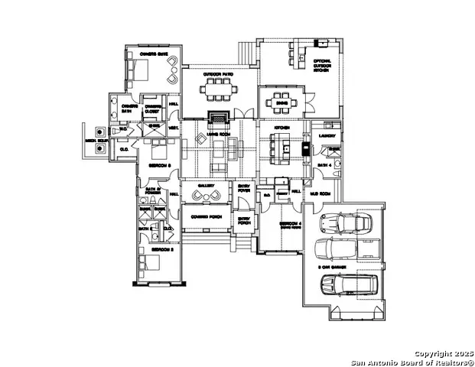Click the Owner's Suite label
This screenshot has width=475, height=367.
point(147,54)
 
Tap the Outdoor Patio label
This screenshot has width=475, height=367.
point(219,74)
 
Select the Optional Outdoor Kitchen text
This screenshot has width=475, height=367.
point(322,66)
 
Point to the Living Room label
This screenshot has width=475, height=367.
point(219,135)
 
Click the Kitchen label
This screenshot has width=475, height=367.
point(272,127)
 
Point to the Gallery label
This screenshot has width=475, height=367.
point(205,185)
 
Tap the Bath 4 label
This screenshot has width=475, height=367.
point(324,164)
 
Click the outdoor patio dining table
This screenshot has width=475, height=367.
point(219,87)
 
